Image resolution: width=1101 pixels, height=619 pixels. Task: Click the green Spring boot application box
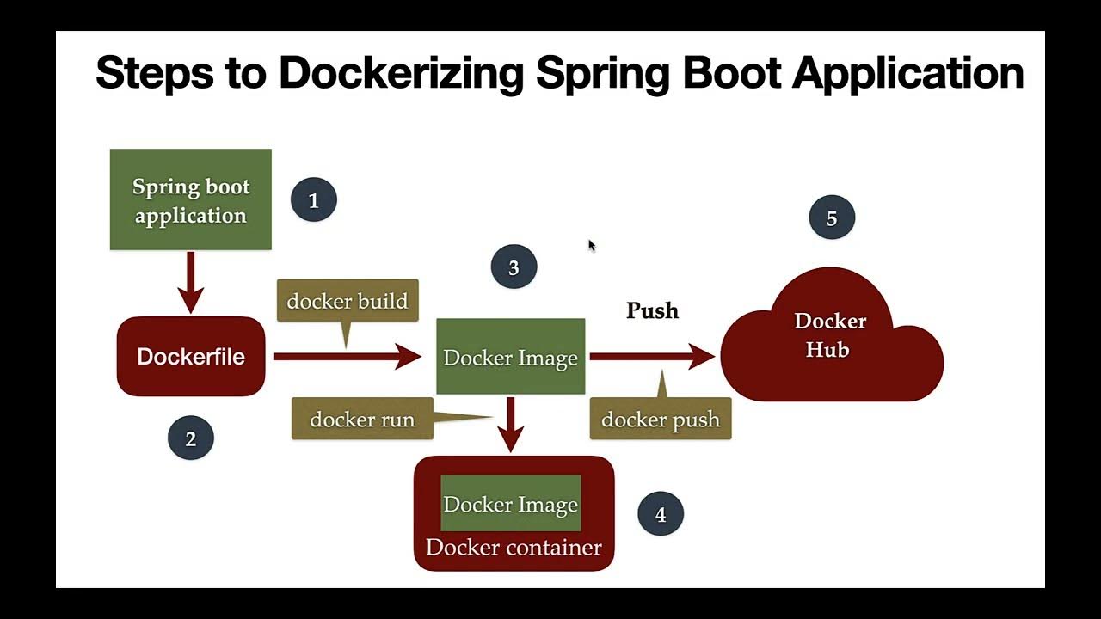190,199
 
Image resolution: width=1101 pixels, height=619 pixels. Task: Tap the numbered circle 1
313,200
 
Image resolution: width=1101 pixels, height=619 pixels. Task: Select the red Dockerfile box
190,357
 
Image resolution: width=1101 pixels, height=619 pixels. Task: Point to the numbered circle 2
190,438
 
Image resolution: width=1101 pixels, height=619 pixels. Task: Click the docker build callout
347,301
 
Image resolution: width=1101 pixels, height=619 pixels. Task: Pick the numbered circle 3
514,267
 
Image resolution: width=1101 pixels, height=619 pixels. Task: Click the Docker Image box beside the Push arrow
510,357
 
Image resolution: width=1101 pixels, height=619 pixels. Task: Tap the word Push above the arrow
652,310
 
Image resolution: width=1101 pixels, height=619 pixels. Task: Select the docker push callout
660,420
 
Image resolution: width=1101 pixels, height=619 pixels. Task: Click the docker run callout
362,420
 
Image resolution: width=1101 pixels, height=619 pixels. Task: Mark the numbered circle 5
832,218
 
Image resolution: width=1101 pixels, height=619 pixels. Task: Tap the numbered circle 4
661,514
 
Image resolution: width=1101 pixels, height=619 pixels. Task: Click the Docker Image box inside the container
510,504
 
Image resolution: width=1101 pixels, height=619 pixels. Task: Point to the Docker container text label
514,548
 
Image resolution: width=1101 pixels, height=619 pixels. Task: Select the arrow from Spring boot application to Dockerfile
190,282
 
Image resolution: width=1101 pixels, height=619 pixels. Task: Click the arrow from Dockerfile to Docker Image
344,355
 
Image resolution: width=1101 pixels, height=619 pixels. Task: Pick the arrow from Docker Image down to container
511,423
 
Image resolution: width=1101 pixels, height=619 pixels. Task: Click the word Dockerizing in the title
401,72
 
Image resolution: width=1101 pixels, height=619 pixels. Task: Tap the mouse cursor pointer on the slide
592,246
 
